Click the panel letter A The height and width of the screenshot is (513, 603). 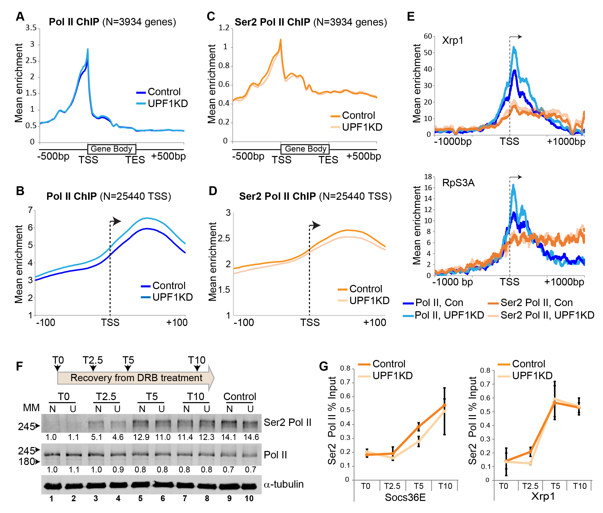point(20,16)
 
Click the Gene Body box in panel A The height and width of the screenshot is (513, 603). point(112,149)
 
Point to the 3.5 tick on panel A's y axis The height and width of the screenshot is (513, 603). point(31,28)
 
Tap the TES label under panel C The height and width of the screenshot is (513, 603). point(328,160)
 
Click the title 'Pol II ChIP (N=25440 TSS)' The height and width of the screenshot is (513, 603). point(109,196)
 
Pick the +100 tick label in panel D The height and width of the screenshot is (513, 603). point(375,323)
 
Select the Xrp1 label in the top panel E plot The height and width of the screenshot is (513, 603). point(453,40)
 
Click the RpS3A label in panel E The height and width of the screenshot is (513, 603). point(458,183)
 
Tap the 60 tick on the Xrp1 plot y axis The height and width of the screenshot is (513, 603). point(428,36)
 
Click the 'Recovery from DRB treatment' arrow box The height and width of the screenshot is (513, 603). point(136,378)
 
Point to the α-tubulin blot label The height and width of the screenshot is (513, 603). point(284,484)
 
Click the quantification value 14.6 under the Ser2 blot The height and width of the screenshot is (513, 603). point(251,437)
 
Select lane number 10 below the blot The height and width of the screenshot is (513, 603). point(249,498)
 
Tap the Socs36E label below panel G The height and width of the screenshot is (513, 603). point(405,497)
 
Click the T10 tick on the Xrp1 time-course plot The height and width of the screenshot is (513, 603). point(580,486)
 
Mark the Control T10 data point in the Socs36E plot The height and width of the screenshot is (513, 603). point(444,405)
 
